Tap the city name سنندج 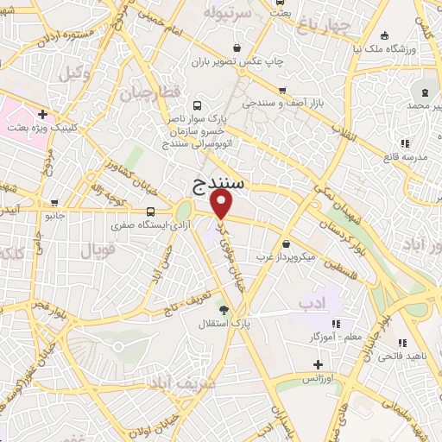[216, 182]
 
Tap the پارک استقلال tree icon [224, 310]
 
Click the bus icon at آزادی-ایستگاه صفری [151, 212]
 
